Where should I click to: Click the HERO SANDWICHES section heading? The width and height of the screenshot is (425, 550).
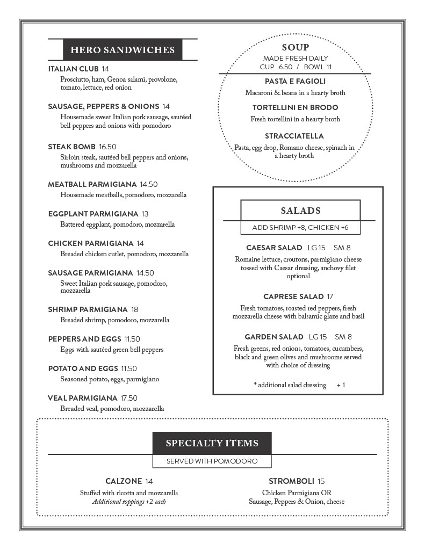(x=123, y=50)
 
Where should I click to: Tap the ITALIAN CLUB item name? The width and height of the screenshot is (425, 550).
(x=73, y=69)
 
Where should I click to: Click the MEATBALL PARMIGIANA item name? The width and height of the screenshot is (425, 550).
(x=92, y=184)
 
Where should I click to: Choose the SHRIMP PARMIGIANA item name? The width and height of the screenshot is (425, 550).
(x=88, y=309)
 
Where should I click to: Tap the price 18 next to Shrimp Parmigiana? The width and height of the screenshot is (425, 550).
(x=134, y=309)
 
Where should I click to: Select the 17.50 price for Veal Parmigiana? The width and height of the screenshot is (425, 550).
(x=129, y=398)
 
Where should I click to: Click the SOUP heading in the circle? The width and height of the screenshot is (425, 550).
(x=295, y=48)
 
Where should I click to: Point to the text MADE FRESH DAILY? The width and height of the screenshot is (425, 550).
(x=295, y=58)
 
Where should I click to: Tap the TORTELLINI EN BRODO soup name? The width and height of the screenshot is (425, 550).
(x=295, y=108)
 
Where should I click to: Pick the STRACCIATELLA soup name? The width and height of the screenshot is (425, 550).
(x=294, y=136)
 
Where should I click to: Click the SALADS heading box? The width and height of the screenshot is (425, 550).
(x=300, y=211)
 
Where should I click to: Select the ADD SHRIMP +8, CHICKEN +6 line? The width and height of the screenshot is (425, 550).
(x=300, y=228)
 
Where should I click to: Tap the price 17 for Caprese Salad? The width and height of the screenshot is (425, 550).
(x=330, y=296)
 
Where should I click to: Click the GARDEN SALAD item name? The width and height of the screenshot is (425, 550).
(x=274, y=337)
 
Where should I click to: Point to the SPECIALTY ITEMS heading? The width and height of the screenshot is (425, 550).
(x=212, y=443)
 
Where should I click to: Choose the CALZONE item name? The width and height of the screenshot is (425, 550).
(x=124, y=481)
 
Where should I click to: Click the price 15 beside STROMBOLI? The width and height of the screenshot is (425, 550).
(x=321, y=481)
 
